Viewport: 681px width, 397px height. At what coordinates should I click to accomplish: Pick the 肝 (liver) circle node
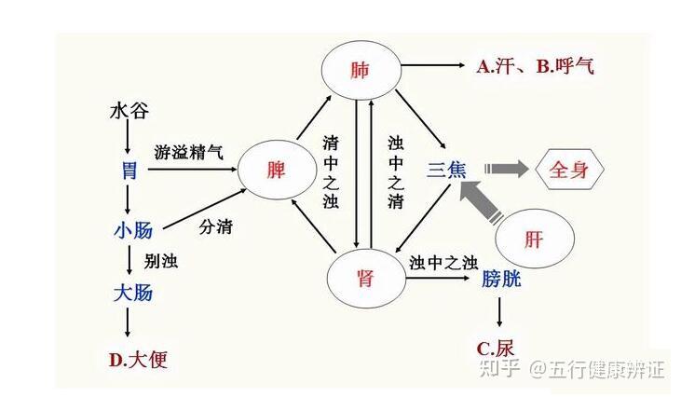pyautogui.click(x=533, y=239)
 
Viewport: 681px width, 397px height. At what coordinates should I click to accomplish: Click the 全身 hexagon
pyautogui.click(x=571, y=171)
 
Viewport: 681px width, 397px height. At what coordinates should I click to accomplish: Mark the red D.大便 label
pyautogui.click(x=137, y=358)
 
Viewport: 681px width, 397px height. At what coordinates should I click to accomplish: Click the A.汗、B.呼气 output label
pyautogui.click(x=534, y=66)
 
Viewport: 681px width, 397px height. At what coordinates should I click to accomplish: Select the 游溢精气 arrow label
pyautogui.click(x=189, y=151)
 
